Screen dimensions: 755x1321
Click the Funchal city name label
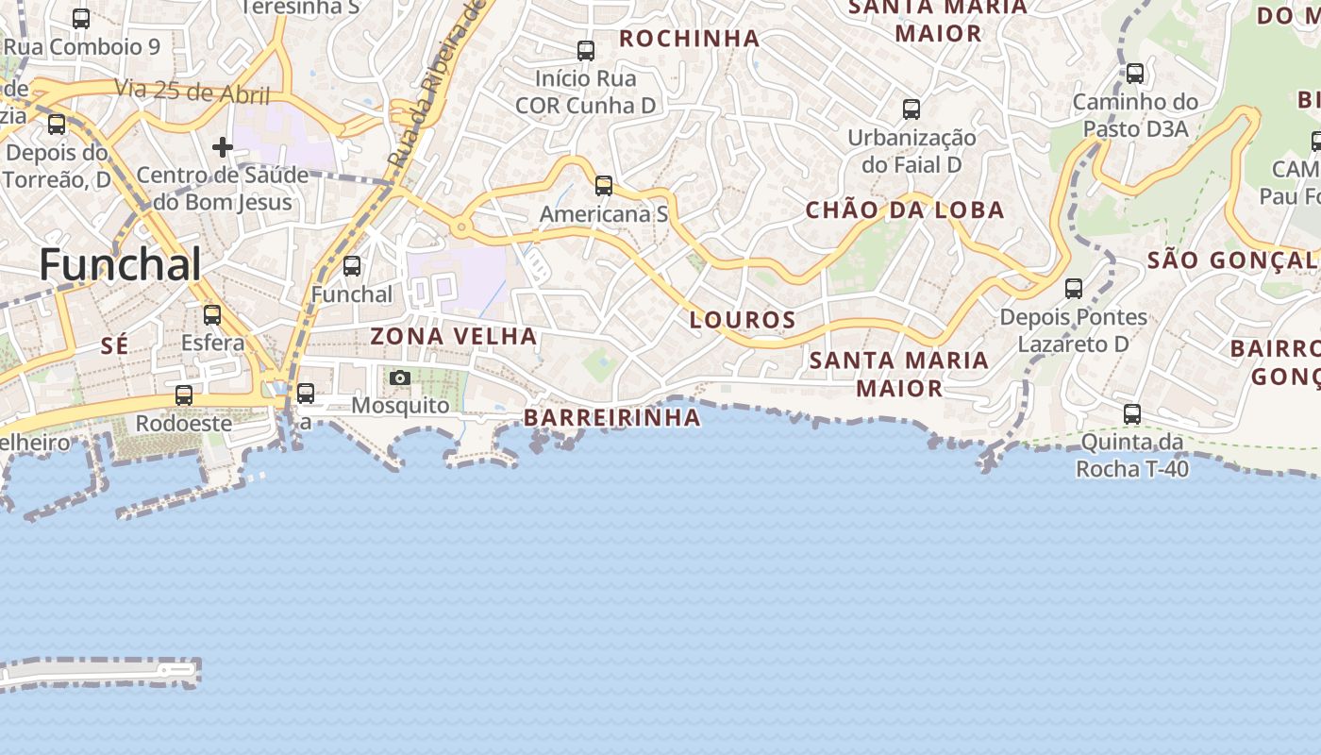tap(120, 264)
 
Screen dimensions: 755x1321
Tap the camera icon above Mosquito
tap(400, 378)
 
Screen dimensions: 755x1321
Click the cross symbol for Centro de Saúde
tap(223, 147)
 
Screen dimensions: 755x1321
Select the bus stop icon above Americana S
tap(604, 186)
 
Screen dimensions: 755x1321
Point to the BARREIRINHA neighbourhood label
tap(612, 417)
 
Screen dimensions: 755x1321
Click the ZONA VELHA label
tap(453, 336)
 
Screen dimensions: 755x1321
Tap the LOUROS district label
tap(743, 320)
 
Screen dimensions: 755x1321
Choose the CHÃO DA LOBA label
tap(905, 210)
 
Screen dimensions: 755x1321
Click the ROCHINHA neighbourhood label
tap(689, 38)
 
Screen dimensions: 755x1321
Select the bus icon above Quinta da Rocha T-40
tap(1132, 414)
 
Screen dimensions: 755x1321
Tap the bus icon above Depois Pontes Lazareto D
tap(1074, 289)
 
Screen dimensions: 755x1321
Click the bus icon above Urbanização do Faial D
tap(911, 109)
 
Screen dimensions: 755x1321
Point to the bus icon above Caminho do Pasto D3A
tap(1135, 74)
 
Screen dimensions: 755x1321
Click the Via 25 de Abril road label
tap(192, 92)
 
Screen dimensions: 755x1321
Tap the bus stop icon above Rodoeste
tap(184, 395)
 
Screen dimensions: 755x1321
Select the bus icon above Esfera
tap(212, 315)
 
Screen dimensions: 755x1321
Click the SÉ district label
tap(114, 346)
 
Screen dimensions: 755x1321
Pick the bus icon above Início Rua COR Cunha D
tap(586, 51)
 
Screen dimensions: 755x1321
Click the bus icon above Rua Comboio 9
tap(81, 19)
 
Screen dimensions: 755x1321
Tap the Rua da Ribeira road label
tap(436, 85)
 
